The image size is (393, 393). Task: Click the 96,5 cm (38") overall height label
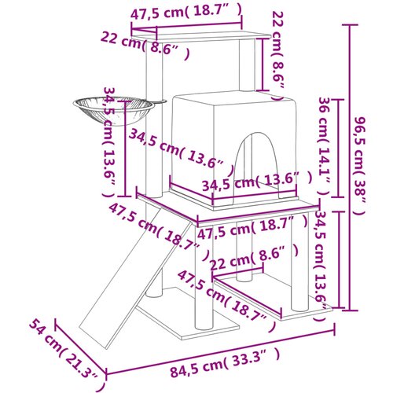pos(358,167)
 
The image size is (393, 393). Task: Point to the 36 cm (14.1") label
pos(324,147)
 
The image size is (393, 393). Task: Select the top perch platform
pos(201,37)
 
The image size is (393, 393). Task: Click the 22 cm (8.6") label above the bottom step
pos(254,258)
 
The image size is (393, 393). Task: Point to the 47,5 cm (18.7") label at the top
pos(185,12)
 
